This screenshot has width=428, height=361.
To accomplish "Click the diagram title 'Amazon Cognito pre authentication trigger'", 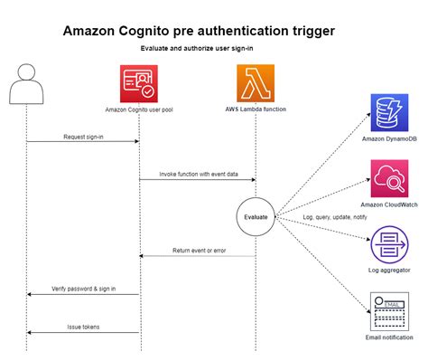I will click(199, 31).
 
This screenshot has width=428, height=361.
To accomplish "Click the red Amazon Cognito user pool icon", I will click(139, 83).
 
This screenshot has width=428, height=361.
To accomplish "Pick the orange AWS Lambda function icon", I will click(256, 83).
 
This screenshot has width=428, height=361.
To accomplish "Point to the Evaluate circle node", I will click(256, 217).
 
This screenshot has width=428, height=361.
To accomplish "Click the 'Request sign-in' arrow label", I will click(83, 137).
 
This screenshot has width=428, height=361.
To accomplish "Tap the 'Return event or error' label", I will click(197, 251).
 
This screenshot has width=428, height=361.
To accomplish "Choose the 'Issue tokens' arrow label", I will click(83, 327).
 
